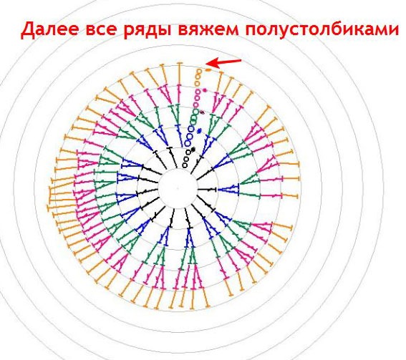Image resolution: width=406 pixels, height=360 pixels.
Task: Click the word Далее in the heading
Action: (49, 30)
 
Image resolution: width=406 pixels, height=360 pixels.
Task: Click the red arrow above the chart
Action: (223, 62)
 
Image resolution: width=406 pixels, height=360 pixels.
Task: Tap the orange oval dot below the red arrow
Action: (208, 70)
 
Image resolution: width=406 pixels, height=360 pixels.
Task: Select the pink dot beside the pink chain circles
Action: (205, 90)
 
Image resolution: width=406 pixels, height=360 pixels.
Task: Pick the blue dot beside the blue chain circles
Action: (199, 131)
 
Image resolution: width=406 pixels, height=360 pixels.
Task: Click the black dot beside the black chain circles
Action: (193, 149)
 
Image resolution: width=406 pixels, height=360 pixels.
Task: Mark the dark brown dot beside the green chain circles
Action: (202, 112)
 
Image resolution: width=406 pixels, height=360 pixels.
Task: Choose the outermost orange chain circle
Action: (199, 71)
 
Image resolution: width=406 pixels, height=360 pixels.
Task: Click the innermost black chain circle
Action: (185, 165)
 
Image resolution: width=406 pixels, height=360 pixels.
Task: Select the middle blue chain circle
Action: (190, 136)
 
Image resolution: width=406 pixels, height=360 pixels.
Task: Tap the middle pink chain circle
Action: (197, 98)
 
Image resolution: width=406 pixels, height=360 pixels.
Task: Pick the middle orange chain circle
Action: (198, 77)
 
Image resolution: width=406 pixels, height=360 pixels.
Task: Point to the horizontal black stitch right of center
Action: (207, 190)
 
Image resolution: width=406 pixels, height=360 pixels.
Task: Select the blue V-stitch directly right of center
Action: (228, 189)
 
